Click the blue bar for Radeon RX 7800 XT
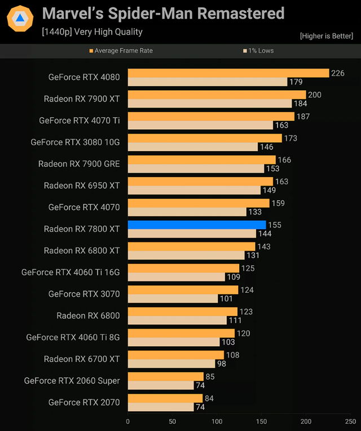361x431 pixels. pos(196,225)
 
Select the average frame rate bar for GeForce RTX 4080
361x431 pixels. pos(228,73)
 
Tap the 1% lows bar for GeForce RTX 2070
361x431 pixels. pos(161,407)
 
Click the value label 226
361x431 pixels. pos(338,73)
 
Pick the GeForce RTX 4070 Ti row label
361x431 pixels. pos(80,120)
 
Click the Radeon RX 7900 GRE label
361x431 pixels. pos(79,164)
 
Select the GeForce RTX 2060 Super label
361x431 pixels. pos(72,381)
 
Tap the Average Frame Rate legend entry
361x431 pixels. pos(121,51)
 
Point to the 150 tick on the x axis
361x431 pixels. pos(261,421)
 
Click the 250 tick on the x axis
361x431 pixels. pos(350,421)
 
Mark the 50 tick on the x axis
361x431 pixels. pos(172,421)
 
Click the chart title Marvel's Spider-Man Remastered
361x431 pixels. pos(164,13)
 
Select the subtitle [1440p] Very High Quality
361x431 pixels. pos(92,32)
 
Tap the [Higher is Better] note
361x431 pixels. pos(327,36)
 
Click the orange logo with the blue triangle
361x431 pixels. pos(20,20)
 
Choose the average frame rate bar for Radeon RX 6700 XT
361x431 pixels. pos(175,355)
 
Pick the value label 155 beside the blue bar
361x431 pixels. pos(275,225)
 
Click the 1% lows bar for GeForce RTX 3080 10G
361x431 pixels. pos(193,147)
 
